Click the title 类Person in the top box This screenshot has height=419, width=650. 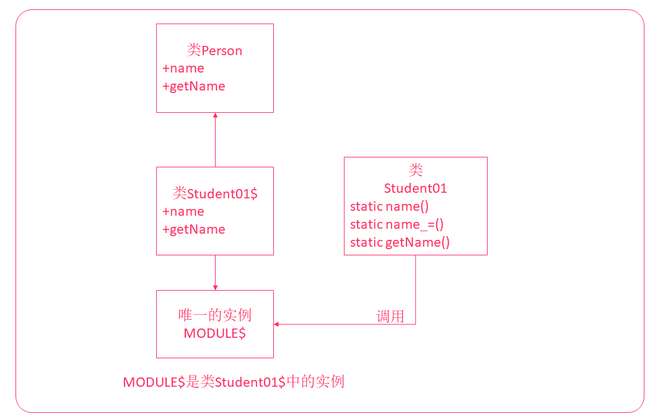coord(214,51)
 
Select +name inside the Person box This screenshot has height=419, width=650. coord(183,68)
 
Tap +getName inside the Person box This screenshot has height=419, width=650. coord(194,86)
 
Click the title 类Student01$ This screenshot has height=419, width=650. coord(214,193)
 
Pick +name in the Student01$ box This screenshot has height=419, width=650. coord(183,211)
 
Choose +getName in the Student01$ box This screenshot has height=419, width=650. coord(194,229)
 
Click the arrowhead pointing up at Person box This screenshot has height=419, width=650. coord(215,116)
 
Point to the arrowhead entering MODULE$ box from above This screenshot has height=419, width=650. coord(215,287)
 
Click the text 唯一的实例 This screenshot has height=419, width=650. coord(214,315)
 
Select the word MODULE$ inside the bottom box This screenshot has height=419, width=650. coord(214,333)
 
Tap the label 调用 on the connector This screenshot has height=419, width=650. coord(390,317)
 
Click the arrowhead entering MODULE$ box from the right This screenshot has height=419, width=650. coord(276,324)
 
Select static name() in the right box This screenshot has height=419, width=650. coord(389,206)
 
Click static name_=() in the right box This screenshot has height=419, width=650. coord(397,224)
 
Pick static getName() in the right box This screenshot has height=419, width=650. coord(400,242)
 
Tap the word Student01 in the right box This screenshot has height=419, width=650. coord(415,188)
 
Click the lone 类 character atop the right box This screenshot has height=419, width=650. coord(416,170)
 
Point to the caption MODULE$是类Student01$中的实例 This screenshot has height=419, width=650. coord(234,382)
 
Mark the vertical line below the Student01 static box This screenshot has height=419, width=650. coord(415,288)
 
